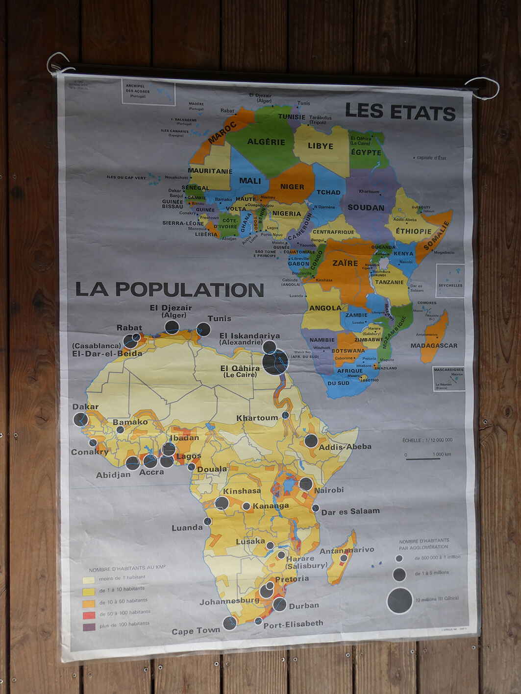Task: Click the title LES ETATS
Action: pos(400,112)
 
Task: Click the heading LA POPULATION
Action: pos(170,289)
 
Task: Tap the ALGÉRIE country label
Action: pos(266,142)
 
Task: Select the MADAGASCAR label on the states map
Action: pos(434,346)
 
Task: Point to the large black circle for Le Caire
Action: pos(275,362)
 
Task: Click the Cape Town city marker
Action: pos(229,622)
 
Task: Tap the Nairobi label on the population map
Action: pos(329,490)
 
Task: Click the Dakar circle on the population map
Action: pos(81,420)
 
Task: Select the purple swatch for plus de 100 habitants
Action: pos(89,627)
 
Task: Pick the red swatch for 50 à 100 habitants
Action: pos(89,615)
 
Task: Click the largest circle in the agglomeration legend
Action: pos(400,600)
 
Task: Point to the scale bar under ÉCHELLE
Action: pos(423,459)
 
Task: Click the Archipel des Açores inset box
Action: pos(149,92)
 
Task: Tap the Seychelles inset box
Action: pos(450,280)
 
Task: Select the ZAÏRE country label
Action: pos(345,263)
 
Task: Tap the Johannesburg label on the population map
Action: pos(229,601)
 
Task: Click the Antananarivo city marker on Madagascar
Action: pos(344,558)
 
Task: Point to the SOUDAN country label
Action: pos(366,208)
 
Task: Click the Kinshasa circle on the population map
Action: pos(222,503)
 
